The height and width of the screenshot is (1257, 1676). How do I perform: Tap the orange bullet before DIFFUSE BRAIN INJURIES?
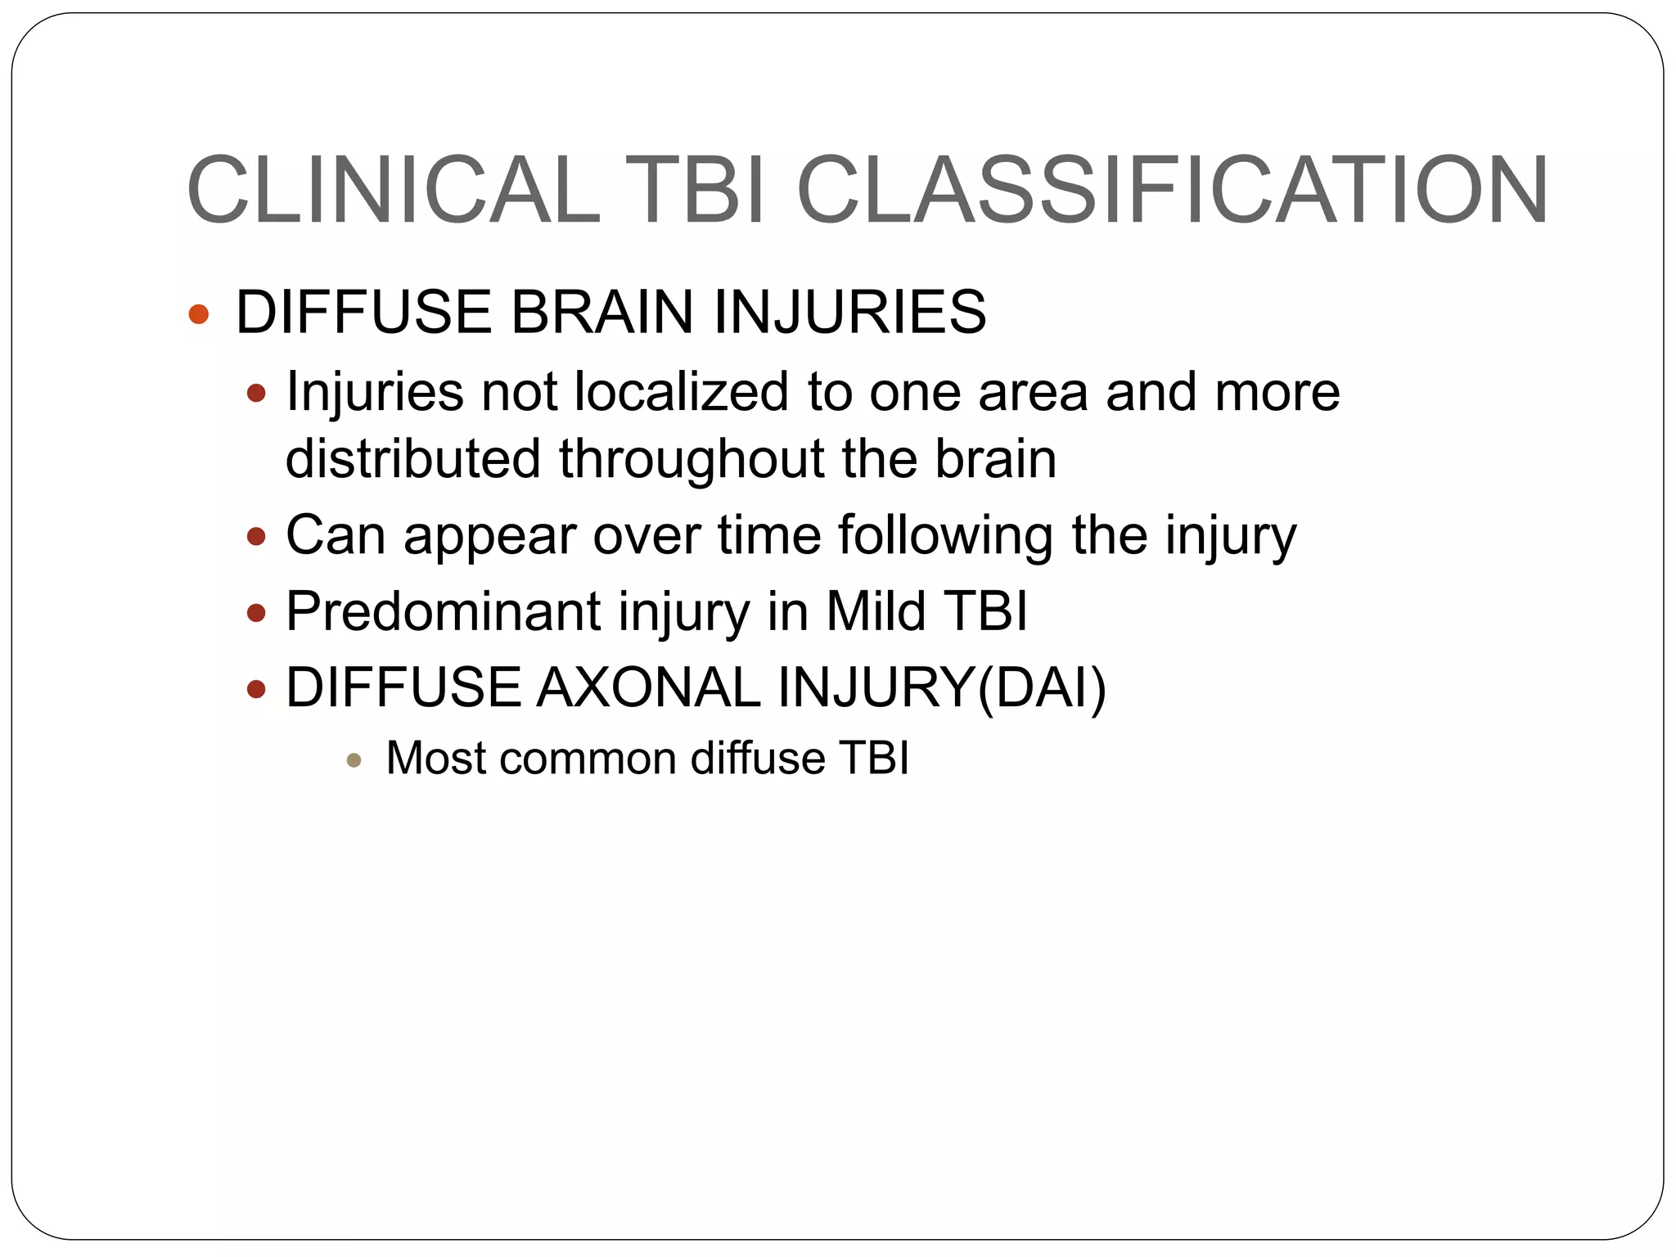coord(199,314)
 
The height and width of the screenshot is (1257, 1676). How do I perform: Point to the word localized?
coord(681,391)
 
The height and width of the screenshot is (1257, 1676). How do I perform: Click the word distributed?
coord(412,458)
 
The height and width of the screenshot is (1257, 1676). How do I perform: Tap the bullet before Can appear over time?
coord(257,537)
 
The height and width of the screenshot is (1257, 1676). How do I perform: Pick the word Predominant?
coord(443,611)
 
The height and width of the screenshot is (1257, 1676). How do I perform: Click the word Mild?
coord(876,611)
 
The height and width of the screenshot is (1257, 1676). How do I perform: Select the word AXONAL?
coord(647,687)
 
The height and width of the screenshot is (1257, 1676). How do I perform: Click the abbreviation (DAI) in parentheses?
coord(1041,687)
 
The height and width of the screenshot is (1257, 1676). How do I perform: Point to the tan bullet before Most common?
coord(354,760)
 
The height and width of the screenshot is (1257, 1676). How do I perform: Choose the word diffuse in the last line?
coord(757,758)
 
